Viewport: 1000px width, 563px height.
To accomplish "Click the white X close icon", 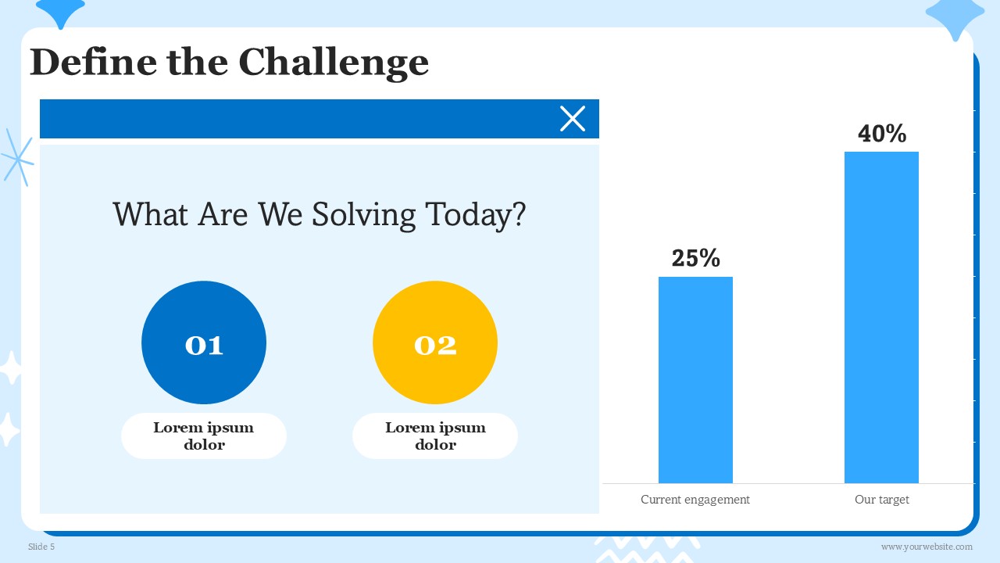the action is (x=573, y=119).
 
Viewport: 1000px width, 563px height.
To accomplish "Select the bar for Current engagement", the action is (x=695, y=380).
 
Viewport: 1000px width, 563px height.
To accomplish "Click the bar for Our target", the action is (x=881, y=317).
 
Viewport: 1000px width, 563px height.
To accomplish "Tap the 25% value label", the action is (x=695, y=258).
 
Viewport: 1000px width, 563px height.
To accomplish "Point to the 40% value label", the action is (x=882, y=134).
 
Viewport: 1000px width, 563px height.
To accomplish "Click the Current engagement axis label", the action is (x=695, y=500).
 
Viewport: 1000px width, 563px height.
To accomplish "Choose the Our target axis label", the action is (x=882, y=500).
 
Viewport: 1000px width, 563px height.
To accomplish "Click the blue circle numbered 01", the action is (x=204, y=342).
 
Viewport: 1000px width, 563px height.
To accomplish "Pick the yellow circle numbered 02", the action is (x=435, y=342).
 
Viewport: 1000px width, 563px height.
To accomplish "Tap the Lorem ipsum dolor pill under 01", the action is (x=204, y=436).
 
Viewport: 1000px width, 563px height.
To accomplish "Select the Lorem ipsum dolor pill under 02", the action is (x=435, y=436).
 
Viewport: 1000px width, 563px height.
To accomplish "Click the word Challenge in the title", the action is (x=334, y=63).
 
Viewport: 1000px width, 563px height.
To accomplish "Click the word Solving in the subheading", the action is (x=364, y=215).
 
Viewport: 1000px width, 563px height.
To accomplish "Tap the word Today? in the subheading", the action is (x=476, y=215).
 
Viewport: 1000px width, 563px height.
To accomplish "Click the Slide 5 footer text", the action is (x=41, y=547).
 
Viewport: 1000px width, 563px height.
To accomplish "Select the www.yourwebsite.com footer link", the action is (x=927, y=547).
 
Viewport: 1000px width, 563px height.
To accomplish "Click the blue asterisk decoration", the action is (x=17, y=157).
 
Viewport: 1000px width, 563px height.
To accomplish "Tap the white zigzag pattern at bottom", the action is (x=648, y=550).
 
